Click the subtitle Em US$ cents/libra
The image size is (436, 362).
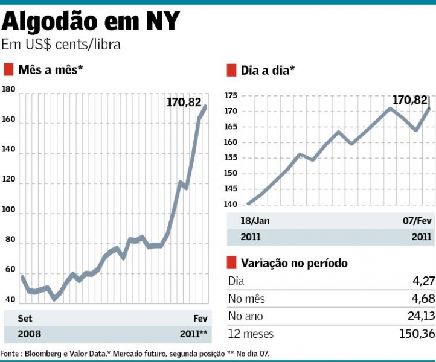(61, 45)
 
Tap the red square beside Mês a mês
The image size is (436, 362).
(8, 70)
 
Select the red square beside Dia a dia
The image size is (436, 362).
(231, 71)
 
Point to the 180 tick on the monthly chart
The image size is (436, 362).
(8, 90)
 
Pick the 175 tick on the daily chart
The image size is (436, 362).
(231, 96)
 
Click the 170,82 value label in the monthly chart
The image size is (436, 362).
(184, 103)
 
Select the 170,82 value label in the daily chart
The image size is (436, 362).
(410, 100)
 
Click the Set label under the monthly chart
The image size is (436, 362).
(25, 318)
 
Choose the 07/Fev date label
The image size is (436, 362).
(417, 221)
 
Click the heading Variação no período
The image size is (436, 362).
(294, 263)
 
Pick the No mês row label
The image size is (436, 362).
(246, 299)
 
